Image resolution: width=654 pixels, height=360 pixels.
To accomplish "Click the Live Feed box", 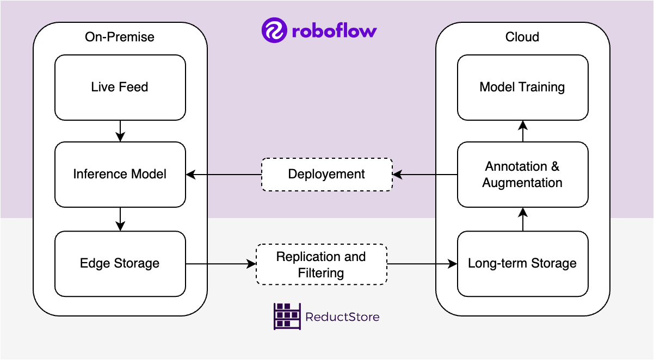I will point(120,87).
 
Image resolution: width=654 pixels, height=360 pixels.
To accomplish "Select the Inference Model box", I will point(120,174).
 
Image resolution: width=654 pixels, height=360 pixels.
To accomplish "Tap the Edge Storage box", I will point(120,263).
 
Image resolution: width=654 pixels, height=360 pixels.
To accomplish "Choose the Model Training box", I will point(522,87).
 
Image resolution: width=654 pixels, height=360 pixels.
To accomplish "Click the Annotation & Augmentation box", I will point(522,174).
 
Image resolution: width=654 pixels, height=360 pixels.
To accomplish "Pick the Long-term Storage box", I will point(522,263).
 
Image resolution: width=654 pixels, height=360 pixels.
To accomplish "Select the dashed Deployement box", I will point(326,174).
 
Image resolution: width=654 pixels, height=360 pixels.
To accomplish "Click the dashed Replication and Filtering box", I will point(321,264).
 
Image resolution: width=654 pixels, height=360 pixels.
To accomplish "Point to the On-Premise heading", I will point(120,37).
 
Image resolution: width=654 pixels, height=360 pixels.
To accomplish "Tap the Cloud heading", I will point(522,37).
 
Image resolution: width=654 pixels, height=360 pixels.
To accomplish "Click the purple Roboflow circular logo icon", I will point(274,30).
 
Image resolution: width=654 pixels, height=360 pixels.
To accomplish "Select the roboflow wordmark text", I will point(334,31).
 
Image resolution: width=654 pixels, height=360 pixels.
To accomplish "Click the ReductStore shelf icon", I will point(287,316).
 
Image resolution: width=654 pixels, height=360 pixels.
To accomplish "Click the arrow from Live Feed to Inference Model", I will point(120,131).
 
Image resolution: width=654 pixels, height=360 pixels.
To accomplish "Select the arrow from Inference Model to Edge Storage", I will point(120,219).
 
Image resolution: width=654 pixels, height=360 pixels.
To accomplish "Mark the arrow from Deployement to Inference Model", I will point(223,175).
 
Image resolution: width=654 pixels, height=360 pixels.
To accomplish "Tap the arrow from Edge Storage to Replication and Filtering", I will point(221,264).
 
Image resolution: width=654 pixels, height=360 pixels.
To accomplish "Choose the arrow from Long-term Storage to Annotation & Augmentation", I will point(523,219).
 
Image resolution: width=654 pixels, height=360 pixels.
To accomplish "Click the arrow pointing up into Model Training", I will point(523,131).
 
